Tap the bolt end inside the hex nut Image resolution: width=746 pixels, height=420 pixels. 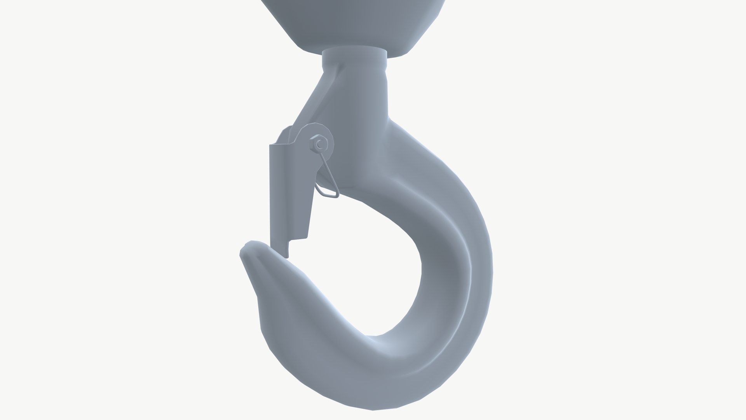point(320,144)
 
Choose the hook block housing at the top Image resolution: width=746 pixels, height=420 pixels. point(354,23)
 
